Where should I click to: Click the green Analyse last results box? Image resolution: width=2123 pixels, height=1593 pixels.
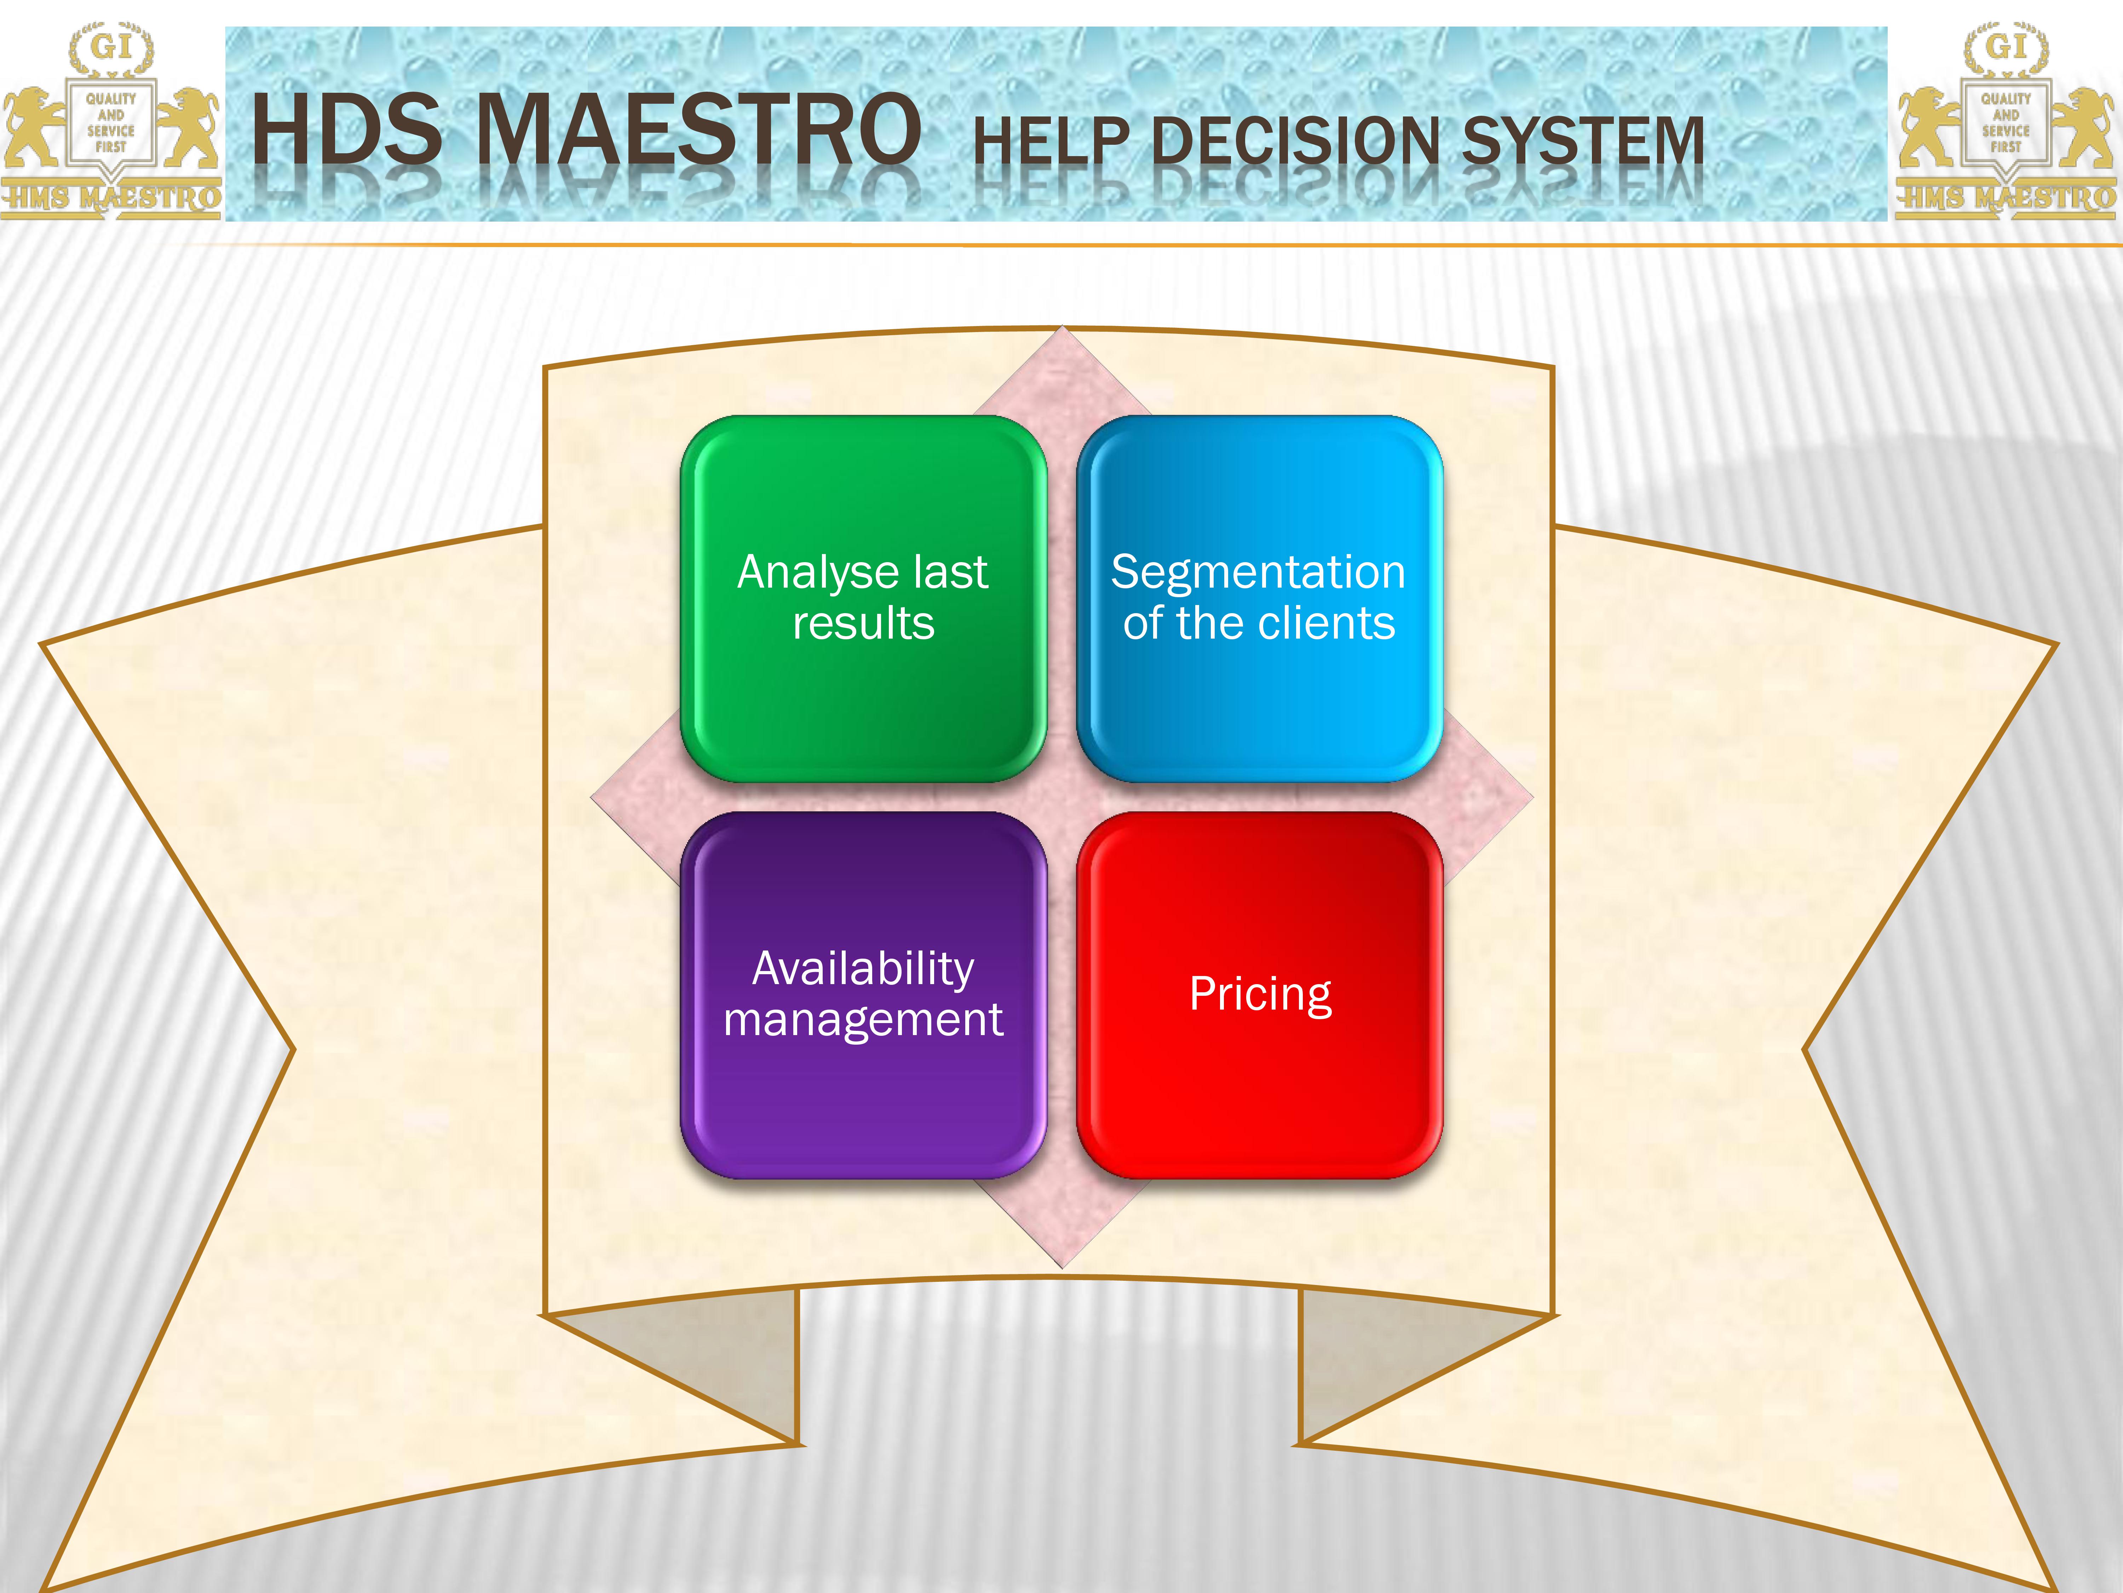coord(863,598)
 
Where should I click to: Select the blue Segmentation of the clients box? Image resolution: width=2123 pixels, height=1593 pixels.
coord(1259,598)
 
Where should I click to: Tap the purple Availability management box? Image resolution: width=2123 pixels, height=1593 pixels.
coord(863,995)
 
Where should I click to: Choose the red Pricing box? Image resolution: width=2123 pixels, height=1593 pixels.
coord(1259,995)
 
